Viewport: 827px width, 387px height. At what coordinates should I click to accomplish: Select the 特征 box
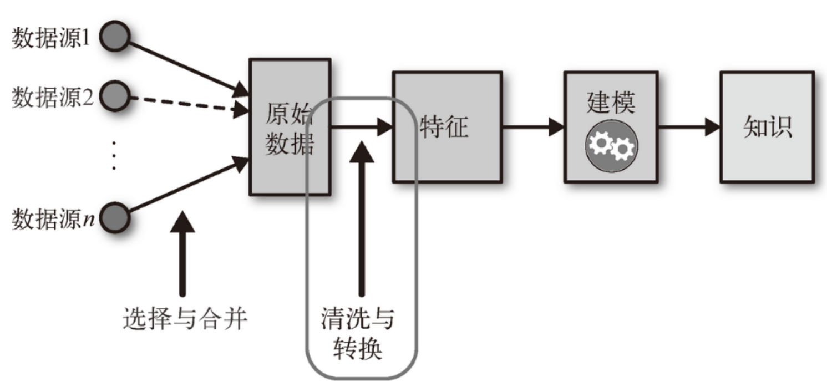pyautogui.click(x=447, y=127)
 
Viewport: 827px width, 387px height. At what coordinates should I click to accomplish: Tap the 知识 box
pyautogui.click(x=767, y=127)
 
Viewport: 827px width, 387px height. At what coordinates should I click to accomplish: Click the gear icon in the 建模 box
pyautogui.click(x=611, y=145)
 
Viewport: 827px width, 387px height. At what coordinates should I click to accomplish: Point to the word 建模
pyautogui.click(x=611, y=103)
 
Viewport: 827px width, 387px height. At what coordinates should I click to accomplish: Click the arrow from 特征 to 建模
pyautogui.click(x=532, y=127)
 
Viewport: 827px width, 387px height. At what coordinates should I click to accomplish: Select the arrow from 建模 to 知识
pyautogui.click(x=688, y=127)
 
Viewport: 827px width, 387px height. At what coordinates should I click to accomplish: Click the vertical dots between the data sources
pyautogui.click(x=115, y=155)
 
